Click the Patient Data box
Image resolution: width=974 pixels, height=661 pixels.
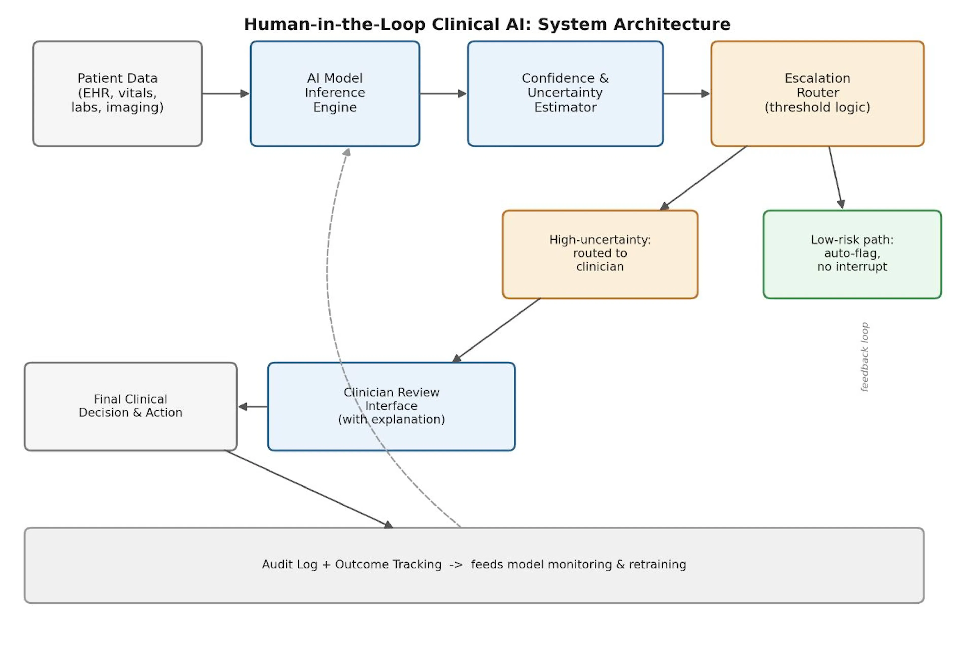point(117,94)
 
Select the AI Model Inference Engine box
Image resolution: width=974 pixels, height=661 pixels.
point(335,94)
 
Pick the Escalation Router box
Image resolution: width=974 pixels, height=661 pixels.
point(817,94)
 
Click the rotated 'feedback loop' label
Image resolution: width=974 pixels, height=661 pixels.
point(864,357)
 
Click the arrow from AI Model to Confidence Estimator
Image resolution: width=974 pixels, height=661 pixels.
point(443,94)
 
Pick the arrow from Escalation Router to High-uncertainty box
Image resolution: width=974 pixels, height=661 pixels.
point(703,178)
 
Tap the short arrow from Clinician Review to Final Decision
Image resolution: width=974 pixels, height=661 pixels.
point(253,407)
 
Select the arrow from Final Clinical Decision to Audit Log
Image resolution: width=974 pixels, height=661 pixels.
point(309,489)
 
